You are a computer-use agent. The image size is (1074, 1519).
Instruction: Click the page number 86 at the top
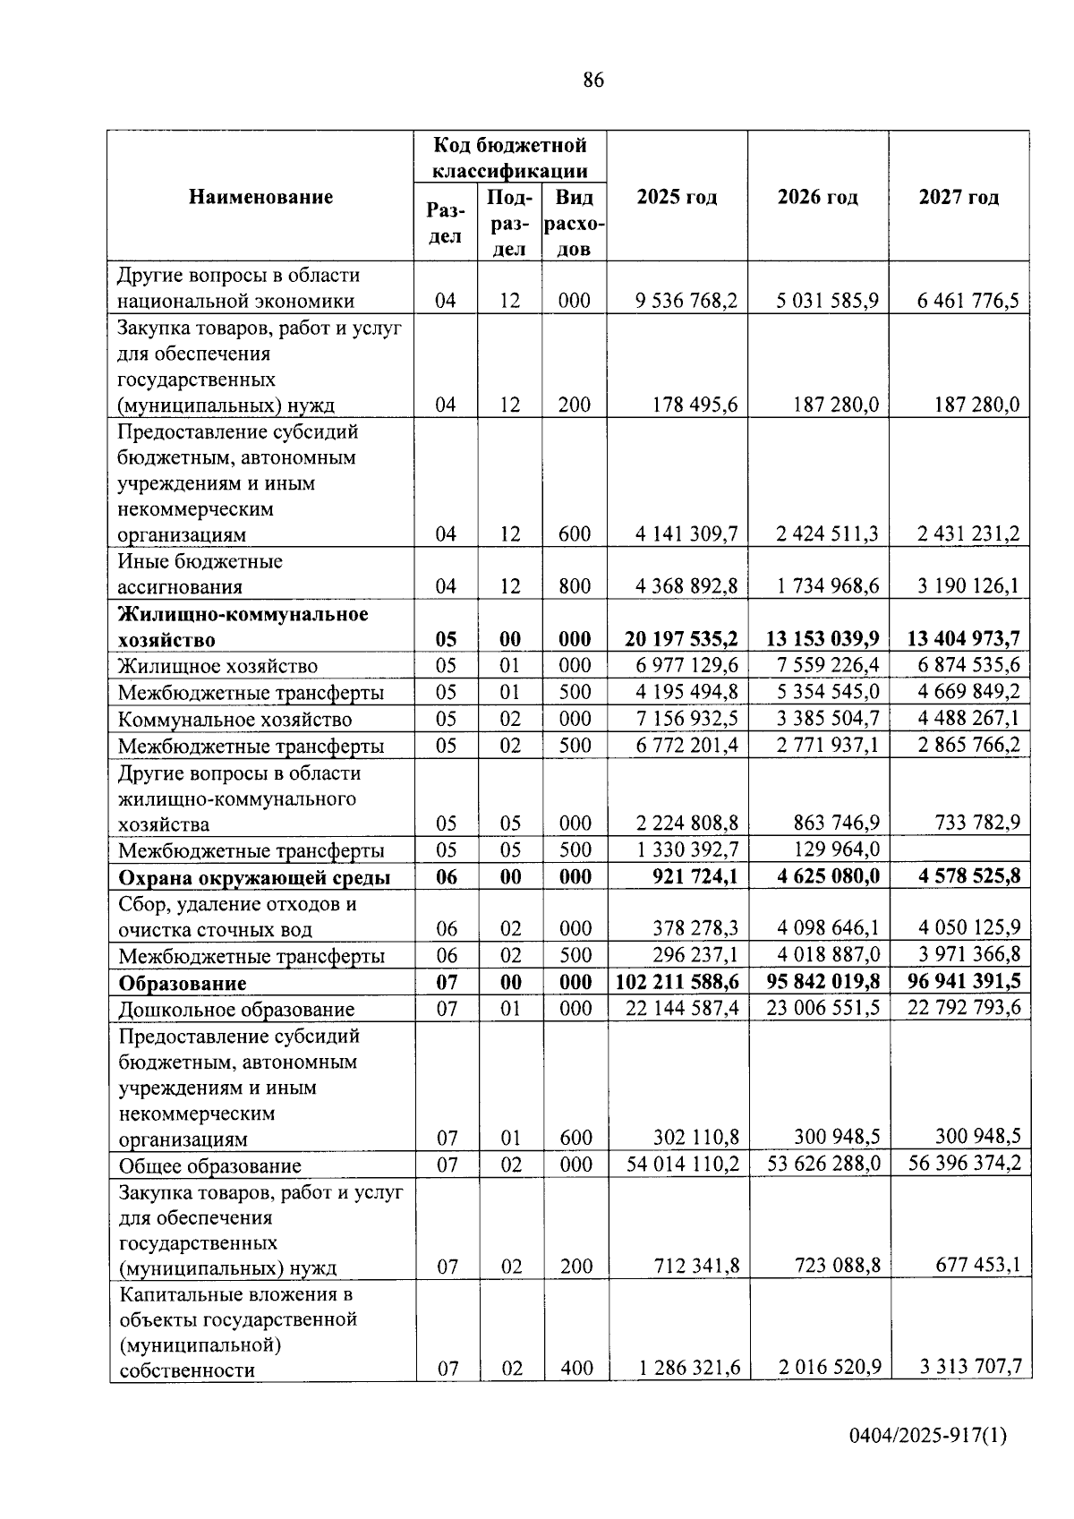click(593, 81)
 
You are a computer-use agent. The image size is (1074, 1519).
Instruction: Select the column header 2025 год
click(677, 197)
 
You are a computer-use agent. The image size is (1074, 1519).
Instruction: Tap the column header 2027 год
click(959, 197)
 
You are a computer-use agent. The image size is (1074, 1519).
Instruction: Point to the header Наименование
click(260, 197)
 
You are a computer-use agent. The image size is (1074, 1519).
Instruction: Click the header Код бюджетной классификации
click(510, 158)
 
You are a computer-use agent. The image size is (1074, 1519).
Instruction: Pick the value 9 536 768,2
click(686, 301)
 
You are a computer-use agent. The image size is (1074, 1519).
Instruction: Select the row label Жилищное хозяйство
click(218, 666)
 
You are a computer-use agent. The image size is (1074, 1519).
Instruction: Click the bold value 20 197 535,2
click(679, 639)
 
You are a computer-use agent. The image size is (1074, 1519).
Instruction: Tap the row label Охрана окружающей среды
click(255, 878)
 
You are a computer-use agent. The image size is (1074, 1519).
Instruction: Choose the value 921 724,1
click(695, 876)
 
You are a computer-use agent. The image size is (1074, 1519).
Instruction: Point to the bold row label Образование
click(183, 984)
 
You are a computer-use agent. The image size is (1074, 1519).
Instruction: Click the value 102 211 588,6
click(678, 982)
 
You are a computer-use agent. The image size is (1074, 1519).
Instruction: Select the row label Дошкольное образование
click(236, 1010)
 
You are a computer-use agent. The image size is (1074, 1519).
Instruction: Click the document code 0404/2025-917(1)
click(928, 1461)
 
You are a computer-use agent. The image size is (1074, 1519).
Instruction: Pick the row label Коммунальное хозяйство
click(235, 720)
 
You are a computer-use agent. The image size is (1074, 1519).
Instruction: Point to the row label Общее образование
click(209, 1165)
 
